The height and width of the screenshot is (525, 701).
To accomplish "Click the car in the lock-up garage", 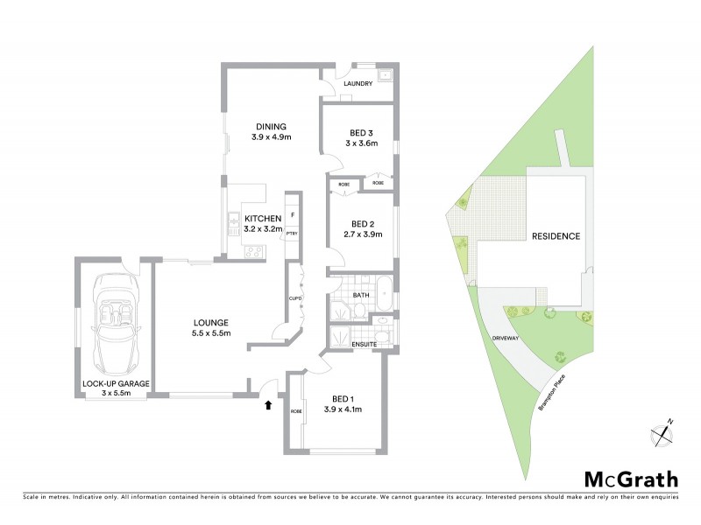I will point(115,324).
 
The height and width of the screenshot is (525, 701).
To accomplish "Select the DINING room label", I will point(271,126).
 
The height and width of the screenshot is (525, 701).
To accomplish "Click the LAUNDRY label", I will point(358,84).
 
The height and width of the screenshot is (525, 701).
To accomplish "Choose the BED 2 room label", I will point(360,223).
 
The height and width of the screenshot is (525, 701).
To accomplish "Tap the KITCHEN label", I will point(262,218).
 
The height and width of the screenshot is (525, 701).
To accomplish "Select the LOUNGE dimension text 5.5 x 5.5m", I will point(211,333).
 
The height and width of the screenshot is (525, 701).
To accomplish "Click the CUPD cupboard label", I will point(295,298).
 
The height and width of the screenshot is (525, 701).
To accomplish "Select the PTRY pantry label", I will point(292,234).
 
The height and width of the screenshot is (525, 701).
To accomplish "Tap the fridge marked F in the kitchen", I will point(292,214).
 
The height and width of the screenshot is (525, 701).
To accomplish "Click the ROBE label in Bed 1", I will point(295,409).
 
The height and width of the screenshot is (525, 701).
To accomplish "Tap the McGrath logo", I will point(631,479).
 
